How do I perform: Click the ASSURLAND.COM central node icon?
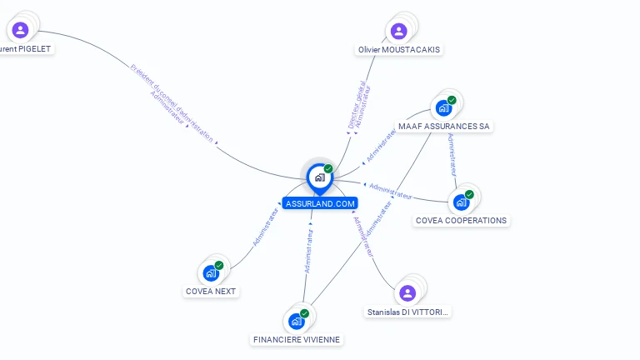click(319, 177)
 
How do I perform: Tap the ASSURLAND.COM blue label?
click(320, 203)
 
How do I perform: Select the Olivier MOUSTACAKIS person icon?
click(398, 32)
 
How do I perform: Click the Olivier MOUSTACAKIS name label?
click(399, 50)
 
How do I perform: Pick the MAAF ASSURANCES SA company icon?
click(443, 108)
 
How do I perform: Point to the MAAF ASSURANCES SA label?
click(444, 127)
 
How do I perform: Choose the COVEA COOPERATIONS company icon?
click(461, 202)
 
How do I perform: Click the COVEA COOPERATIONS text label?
click(461, 221)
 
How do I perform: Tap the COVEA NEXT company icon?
click(211, 272)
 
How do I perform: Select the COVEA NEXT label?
click(211, 292)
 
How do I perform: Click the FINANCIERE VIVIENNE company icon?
click(296, 321)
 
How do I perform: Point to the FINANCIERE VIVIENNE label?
click(297, 340)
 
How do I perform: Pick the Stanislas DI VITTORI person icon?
click(407, 293)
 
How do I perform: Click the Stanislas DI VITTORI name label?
click(408, 312)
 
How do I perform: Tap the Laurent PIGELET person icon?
click(21, 30)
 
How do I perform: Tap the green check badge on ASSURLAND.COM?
click(328, 168)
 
